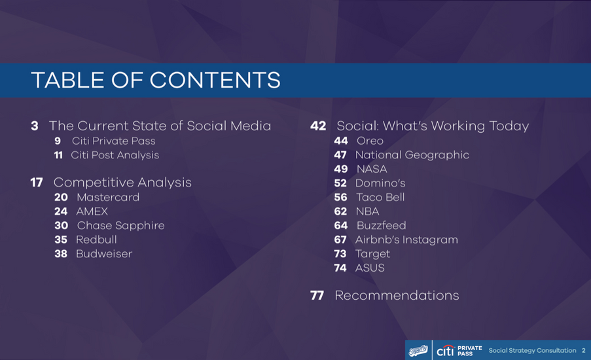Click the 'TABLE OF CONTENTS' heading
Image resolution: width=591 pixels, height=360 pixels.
[156, 81]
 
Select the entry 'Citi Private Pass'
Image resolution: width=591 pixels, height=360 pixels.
[113, 141]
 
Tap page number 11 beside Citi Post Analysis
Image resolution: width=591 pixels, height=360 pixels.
[58, 155]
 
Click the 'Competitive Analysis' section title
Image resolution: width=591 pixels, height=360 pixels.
[122, 182]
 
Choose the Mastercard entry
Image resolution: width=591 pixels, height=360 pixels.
[107, 197]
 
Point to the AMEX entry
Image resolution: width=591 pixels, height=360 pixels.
[92, 211]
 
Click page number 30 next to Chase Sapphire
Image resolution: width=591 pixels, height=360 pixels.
[61, 225]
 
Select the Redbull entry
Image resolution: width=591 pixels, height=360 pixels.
[96, 240]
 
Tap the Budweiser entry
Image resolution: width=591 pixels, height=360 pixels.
[103, 253]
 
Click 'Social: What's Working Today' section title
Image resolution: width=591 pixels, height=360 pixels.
[433, 126]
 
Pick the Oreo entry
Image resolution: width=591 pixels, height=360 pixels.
[370, 141]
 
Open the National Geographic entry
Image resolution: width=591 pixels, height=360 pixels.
[412, 155]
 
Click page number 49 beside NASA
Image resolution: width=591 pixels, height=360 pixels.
[340, 169]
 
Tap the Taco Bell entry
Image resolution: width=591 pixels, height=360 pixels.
[380, 197]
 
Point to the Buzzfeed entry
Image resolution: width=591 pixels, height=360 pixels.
[381, 225]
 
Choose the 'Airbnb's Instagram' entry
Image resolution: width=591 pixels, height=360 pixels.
[406, 240]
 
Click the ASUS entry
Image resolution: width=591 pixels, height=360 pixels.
[370, 268]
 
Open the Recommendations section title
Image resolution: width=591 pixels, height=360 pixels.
[397, 295]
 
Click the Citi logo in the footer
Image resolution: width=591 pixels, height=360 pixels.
[445, 350]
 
